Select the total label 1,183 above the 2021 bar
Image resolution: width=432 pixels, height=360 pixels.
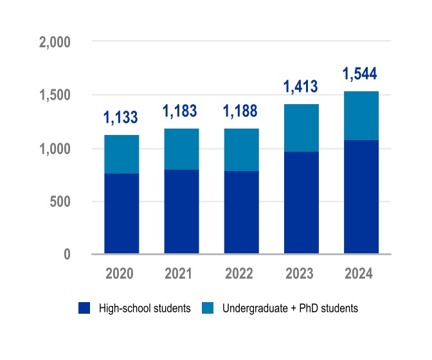181,111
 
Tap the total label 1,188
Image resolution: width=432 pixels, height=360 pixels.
240,111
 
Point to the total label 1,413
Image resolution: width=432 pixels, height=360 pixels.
301,86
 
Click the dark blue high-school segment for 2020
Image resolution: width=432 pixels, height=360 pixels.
122,213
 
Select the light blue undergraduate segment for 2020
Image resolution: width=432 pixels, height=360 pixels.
122,154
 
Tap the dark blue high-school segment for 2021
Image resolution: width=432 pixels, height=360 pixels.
181,212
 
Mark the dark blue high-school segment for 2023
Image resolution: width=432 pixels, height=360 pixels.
301,203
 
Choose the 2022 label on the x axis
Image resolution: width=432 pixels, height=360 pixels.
241,273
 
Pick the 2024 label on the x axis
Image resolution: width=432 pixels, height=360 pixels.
361,273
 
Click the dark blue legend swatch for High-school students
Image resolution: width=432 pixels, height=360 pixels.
84,309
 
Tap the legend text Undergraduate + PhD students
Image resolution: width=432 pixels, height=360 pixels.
290,309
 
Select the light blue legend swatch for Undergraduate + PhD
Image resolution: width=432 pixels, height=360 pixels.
208,309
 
